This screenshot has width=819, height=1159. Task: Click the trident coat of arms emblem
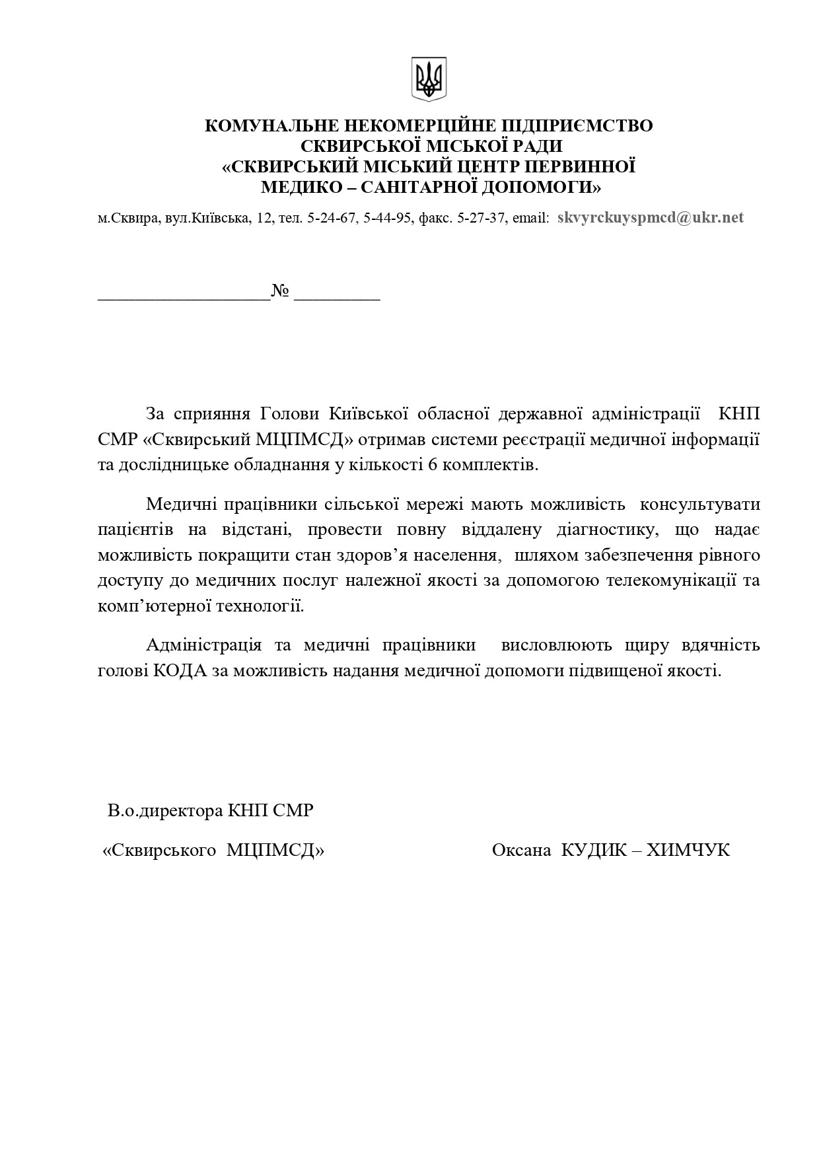point(429,79)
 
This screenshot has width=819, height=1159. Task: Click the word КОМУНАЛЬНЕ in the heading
point(267,125)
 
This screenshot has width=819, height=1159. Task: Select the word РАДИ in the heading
point(536,146)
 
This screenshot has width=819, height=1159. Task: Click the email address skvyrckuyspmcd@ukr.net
point(650,218)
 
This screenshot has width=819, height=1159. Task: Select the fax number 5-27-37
point(481,219)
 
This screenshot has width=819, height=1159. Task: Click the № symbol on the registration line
point(281,291)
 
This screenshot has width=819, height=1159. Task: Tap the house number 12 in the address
point(265,219)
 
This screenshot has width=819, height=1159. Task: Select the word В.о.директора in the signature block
point(165,810)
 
